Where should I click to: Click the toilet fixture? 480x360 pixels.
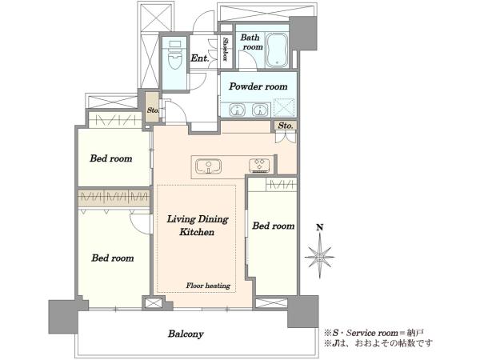tap(174, 55)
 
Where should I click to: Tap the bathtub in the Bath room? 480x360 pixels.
tap(278, 50)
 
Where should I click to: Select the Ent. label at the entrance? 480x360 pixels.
tap(200, 58)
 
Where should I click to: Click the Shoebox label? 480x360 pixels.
tap(226, 49)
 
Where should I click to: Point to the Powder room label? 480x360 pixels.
tap(258, 86)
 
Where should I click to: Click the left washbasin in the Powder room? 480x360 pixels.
tap(237, 110)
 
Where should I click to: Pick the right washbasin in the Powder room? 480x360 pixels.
tap(260, 110)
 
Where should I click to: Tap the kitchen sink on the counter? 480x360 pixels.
tap(209, 167)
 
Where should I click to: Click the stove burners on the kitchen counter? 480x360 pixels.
tap(259, 164)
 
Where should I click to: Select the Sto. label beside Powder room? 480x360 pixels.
tap(286, 126)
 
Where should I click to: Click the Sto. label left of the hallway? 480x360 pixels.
tap(153, 110)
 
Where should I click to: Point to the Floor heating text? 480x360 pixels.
tap(208, 286)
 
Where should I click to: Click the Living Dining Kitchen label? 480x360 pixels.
tap(198, 226)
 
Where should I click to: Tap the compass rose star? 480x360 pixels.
tap(319, 258)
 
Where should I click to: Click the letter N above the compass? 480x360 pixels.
tap(319, 227)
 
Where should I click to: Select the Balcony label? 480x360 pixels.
tap(186, 334)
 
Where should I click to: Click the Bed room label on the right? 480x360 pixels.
tap(274, 226)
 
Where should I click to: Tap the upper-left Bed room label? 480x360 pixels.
tap(111, 158)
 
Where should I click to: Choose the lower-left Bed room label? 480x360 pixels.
tap(113, 258)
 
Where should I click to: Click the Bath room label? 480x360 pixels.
tap(252, 42)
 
